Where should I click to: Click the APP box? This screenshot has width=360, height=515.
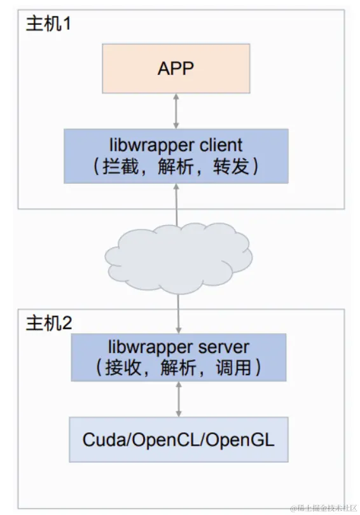coord(176,69)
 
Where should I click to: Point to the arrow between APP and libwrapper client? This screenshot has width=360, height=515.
coord(176,111)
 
